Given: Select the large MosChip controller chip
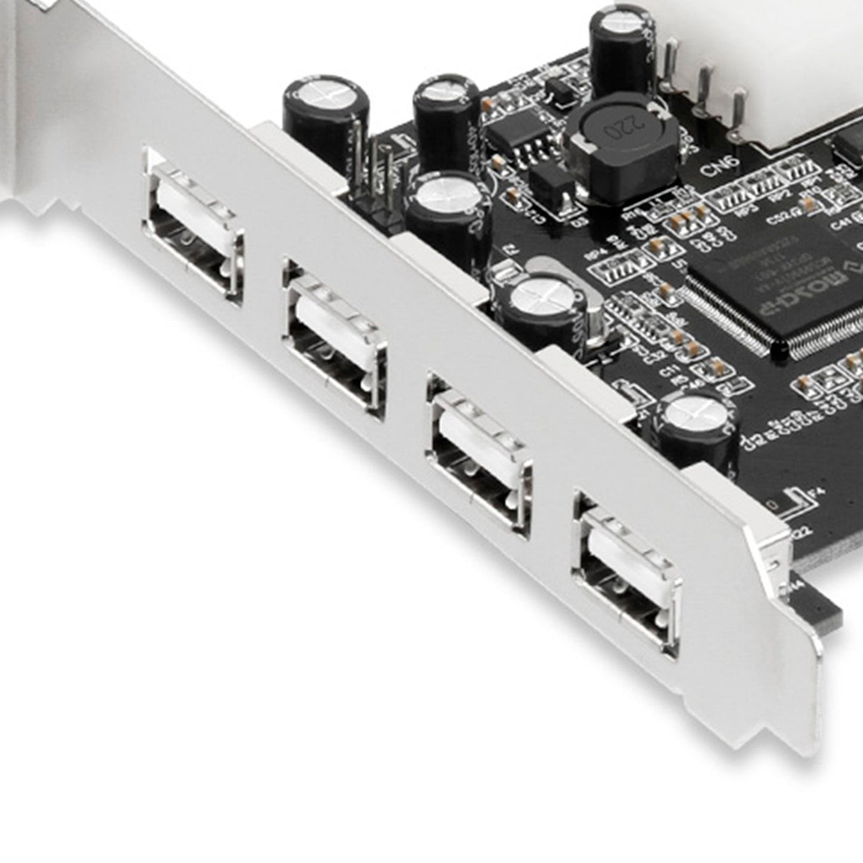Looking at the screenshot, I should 776,281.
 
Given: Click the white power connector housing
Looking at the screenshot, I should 800,72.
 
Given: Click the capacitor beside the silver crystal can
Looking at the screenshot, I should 538,305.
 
